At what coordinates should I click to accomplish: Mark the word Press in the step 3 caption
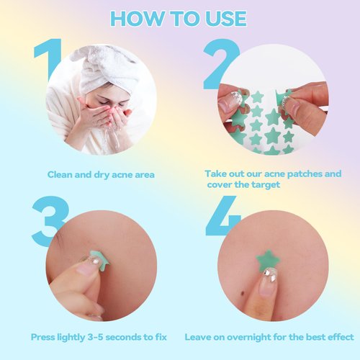[x=45, y=337]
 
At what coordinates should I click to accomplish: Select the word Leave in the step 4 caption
[x=199, y=337]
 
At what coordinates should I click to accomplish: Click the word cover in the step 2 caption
[x=221, y=184]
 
